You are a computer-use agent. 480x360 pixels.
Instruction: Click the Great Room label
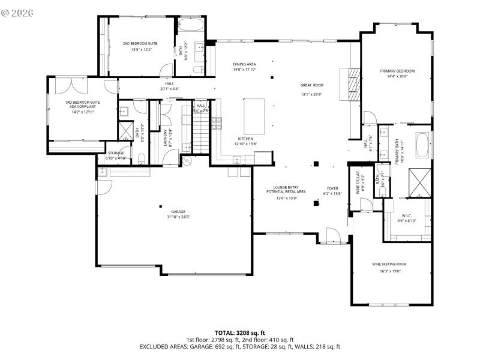coord(312,85)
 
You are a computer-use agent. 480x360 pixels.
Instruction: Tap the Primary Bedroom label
coord(397,71)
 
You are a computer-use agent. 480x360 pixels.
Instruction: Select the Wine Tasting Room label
coord(389,264)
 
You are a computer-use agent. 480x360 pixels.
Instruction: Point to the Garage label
coord(178,211)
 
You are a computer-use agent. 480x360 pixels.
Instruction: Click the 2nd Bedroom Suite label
coord(140,44)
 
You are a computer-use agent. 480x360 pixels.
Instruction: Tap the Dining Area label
coord(244,64)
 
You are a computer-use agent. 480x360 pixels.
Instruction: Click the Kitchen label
coord(245,139)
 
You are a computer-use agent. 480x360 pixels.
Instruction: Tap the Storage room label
coord(116,153)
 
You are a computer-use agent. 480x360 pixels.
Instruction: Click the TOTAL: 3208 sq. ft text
coord(240,332)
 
